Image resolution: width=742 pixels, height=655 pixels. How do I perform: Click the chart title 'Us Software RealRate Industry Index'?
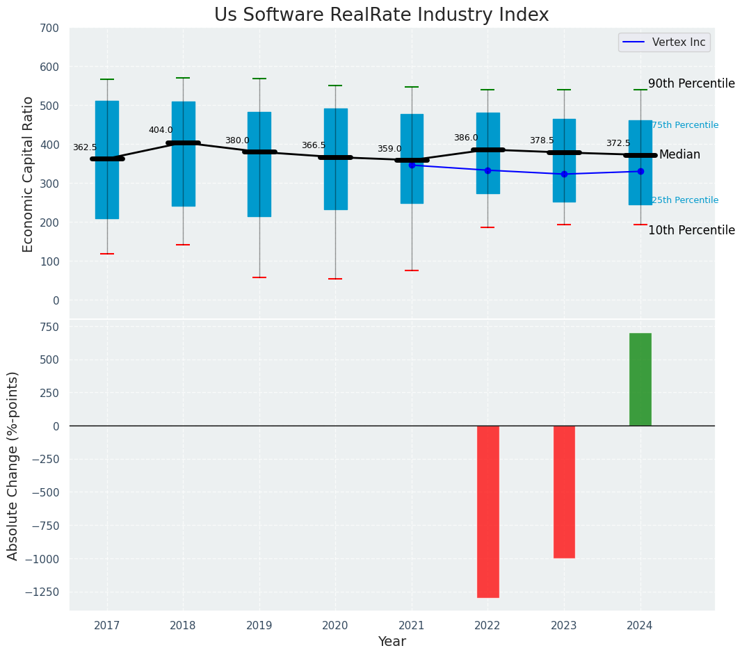(381, 15)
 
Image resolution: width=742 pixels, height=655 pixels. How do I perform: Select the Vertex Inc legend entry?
(664, 42)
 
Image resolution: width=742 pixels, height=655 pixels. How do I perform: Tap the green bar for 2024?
(640, 379)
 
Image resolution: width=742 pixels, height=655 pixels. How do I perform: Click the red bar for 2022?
(487, 511)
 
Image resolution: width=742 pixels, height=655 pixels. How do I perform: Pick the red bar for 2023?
(564, 491)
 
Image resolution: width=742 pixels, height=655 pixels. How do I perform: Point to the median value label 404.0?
(161, 130)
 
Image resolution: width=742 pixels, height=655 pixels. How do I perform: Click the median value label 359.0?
(389, 149)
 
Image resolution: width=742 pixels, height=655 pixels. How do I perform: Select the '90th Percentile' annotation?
(691, 83)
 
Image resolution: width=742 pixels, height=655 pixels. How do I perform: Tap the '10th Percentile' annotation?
(691, 230)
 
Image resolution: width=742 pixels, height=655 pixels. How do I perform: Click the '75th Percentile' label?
(685, 125)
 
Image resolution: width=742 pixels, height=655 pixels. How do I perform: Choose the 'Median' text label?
(679, 154)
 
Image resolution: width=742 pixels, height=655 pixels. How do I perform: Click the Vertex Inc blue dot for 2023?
(564, 174)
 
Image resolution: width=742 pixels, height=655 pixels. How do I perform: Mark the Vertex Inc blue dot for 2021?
(412, 165)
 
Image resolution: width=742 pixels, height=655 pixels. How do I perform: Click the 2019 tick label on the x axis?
(259, 626)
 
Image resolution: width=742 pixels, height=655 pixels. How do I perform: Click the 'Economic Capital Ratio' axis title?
(29, 175)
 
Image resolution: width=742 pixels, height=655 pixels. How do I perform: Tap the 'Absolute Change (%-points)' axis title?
(13, 465)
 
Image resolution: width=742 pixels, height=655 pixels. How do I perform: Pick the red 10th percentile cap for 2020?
(335, 279)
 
